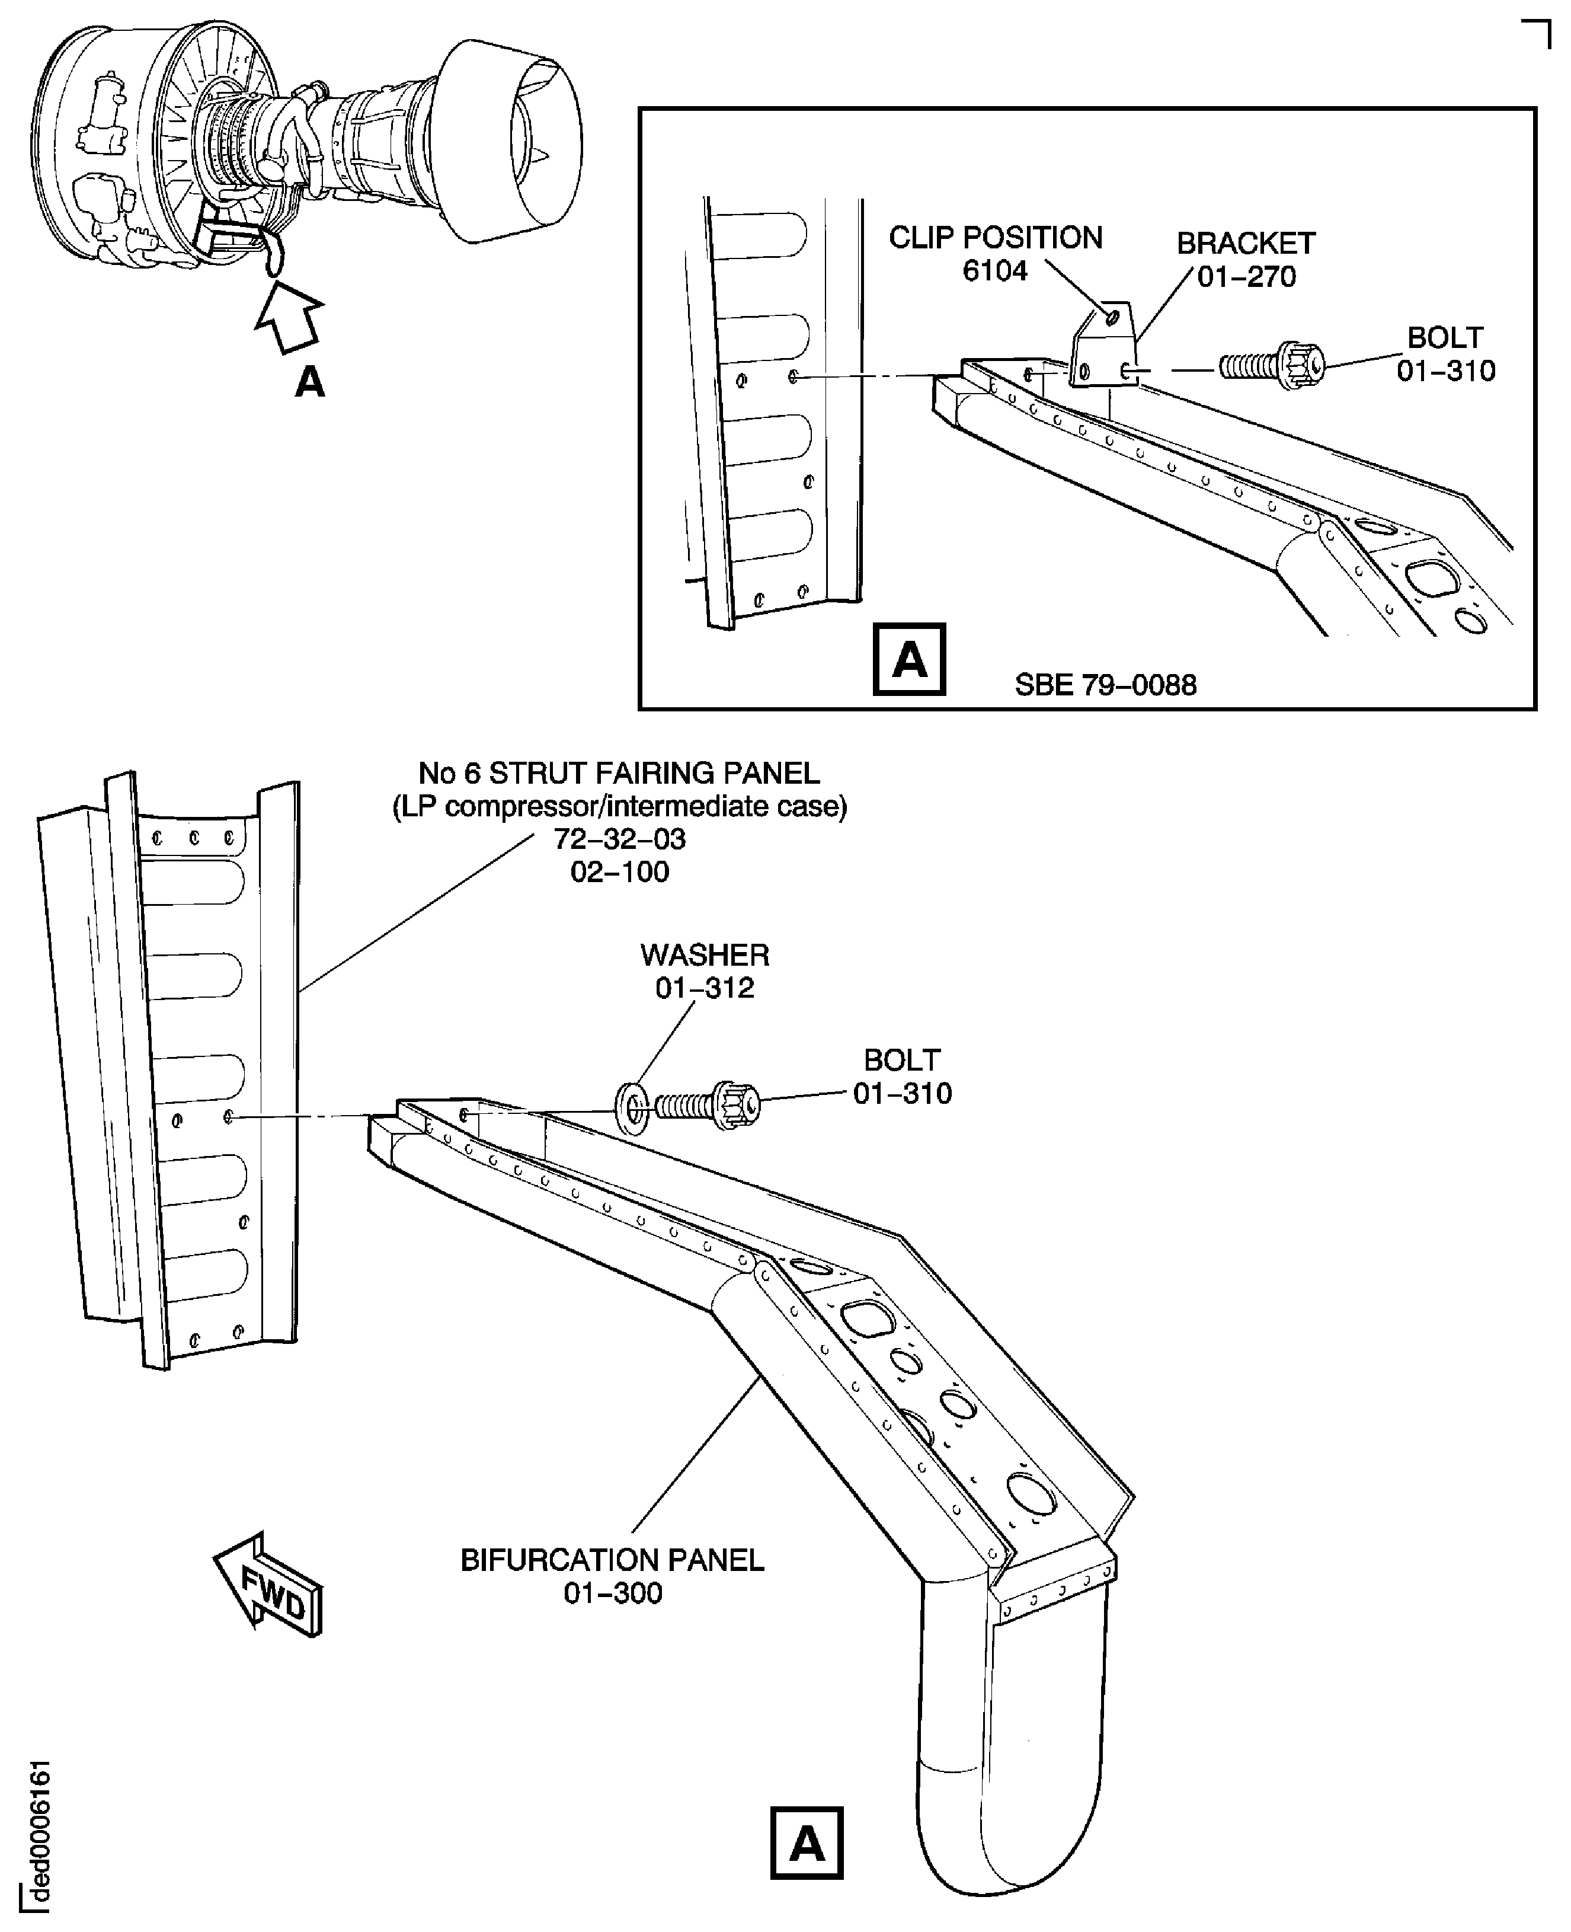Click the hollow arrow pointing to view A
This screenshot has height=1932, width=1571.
click(288, 317)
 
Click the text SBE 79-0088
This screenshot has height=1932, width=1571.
click(1105, 685)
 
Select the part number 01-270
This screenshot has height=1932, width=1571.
click(1246, 277)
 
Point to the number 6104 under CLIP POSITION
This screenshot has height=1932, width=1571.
click(994, 271)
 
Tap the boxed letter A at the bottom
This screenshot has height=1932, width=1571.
click(807, 1843)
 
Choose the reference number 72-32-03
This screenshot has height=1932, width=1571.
click(620, 839)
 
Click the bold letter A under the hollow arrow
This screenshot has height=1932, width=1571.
click(309, 383)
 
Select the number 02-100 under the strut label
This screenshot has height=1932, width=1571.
click(620, 872)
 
